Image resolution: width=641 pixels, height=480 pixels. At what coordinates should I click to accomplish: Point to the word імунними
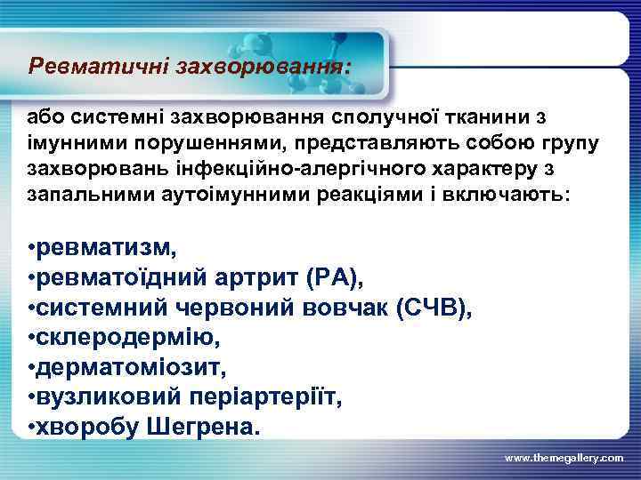coord(68,143)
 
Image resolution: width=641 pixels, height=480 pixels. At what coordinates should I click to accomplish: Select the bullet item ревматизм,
coord(101,246)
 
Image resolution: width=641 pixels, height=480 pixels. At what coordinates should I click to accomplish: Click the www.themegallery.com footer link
coord(564,457)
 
